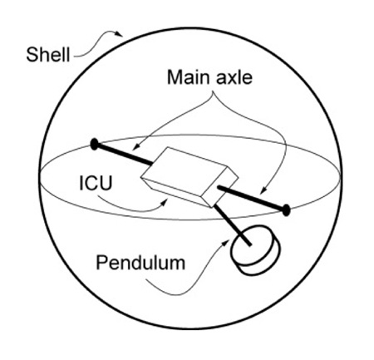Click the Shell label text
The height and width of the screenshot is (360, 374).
point(48,55)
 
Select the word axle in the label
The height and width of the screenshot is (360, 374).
point(235,77)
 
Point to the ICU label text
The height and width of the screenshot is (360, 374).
point(96,183)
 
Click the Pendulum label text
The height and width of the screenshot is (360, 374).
point(140,263)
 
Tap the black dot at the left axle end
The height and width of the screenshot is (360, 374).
point(95,144)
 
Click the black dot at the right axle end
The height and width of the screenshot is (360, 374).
point(286,210)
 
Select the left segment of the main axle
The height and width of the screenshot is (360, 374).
point(124,154)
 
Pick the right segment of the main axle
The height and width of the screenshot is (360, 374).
point(252,198)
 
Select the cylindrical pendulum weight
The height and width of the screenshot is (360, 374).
point(255,249)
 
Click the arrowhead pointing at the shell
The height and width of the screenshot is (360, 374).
point(120,34)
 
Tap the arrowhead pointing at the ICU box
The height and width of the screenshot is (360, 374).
point(165,202)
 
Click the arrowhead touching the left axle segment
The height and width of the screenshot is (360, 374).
point(135,148)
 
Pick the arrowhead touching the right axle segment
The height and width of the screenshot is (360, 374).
point(263,190)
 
